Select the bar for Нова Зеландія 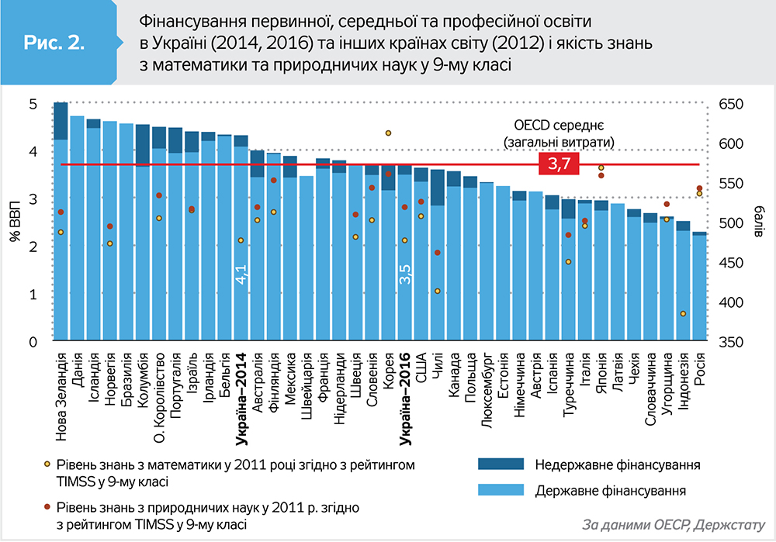61,233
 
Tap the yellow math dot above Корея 388,133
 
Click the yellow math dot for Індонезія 683,314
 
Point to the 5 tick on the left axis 33,104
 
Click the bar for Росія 699,287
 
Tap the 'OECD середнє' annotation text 558,125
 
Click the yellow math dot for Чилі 437,292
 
